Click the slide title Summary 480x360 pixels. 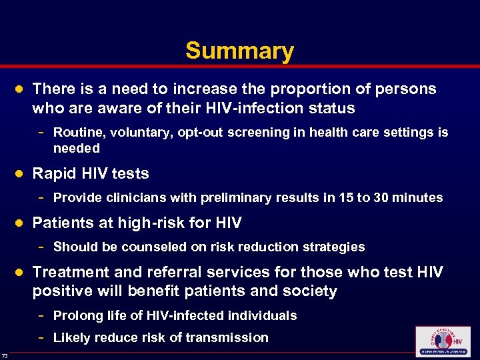click(x=239, y=51)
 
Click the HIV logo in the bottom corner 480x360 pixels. click(x=442, y=341)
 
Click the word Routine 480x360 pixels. click(x=77, y=133)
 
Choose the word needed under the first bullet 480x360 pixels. click(x=76, y=148)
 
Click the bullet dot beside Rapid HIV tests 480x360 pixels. click(x=20, y=173)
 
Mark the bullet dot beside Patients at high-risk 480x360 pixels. click(x=20, y=223)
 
